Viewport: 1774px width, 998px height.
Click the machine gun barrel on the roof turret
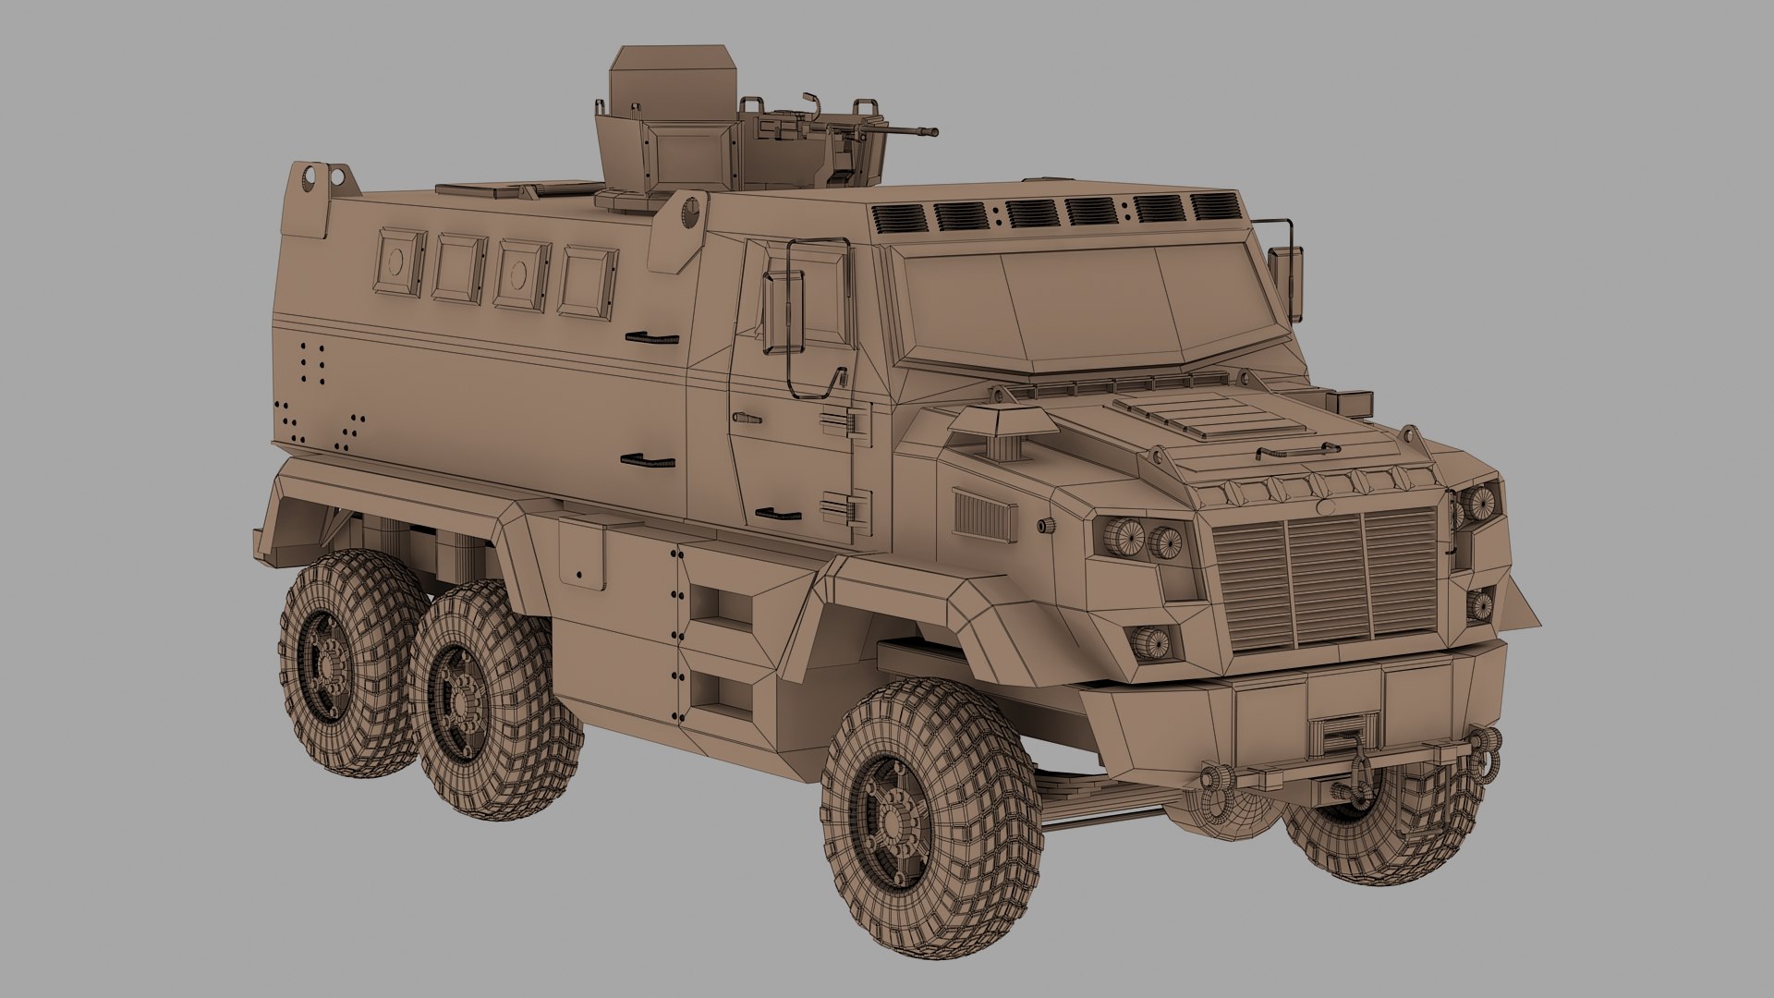tap(901, 135)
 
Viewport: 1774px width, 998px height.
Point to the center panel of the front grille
tap(1326, 580)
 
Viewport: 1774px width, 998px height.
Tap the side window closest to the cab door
tap(588, 283)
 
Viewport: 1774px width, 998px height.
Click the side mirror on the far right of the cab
tap(1282, 268)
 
